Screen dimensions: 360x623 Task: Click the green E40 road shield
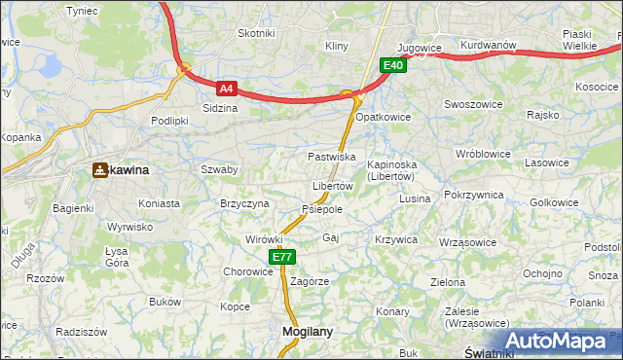[392, 65]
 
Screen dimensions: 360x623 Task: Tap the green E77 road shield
[281, 257]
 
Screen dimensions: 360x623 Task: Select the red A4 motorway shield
[226, 88]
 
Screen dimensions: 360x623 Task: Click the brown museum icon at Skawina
[99, 170]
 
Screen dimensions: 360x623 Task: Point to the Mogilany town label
[307, 331]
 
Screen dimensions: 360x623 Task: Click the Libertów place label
[332, 186]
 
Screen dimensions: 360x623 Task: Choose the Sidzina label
[220, 108]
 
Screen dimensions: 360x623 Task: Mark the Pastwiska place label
[331, 157]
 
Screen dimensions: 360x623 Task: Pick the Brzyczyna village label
[244, 203]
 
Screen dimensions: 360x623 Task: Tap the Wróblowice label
[483, 154]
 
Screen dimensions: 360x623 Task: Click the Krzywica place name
[395, 239]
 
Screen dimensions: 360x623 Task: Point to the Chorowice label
[248, 272]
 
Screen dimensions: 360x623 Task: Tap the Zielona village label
[448, 282]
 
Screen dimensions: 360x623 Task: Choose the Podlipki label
[168, 121]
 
